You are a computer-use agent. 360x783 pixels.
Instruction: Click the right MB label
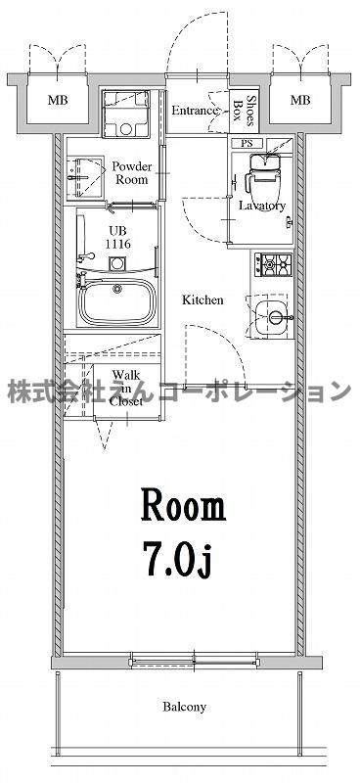pyautogui.click(x=300, y=101)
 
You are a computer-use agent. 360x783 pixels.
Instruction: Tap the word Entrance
pyautogui.click(x=195, y=111)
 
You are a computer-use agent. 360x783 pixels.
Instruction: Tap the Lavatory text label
pyautogui.click(x=262, y=206)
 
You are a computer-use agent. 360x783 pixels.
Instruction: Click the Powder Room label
pyautogui.click(x=130, y=173)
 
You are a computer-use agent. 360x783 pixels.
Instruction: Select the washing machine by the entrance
pyautogui.click(x=125, y=115)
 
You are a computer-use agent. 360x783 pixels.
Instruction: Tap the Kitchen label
pyautogui.click(x=202, y=300)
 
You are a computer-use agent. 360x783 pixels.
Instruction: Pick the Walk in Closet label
pyautogui.click(x=125, y=388)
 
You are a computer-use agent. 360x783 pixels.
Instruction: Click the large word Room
pyautogui.click(x=185, y=505)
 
